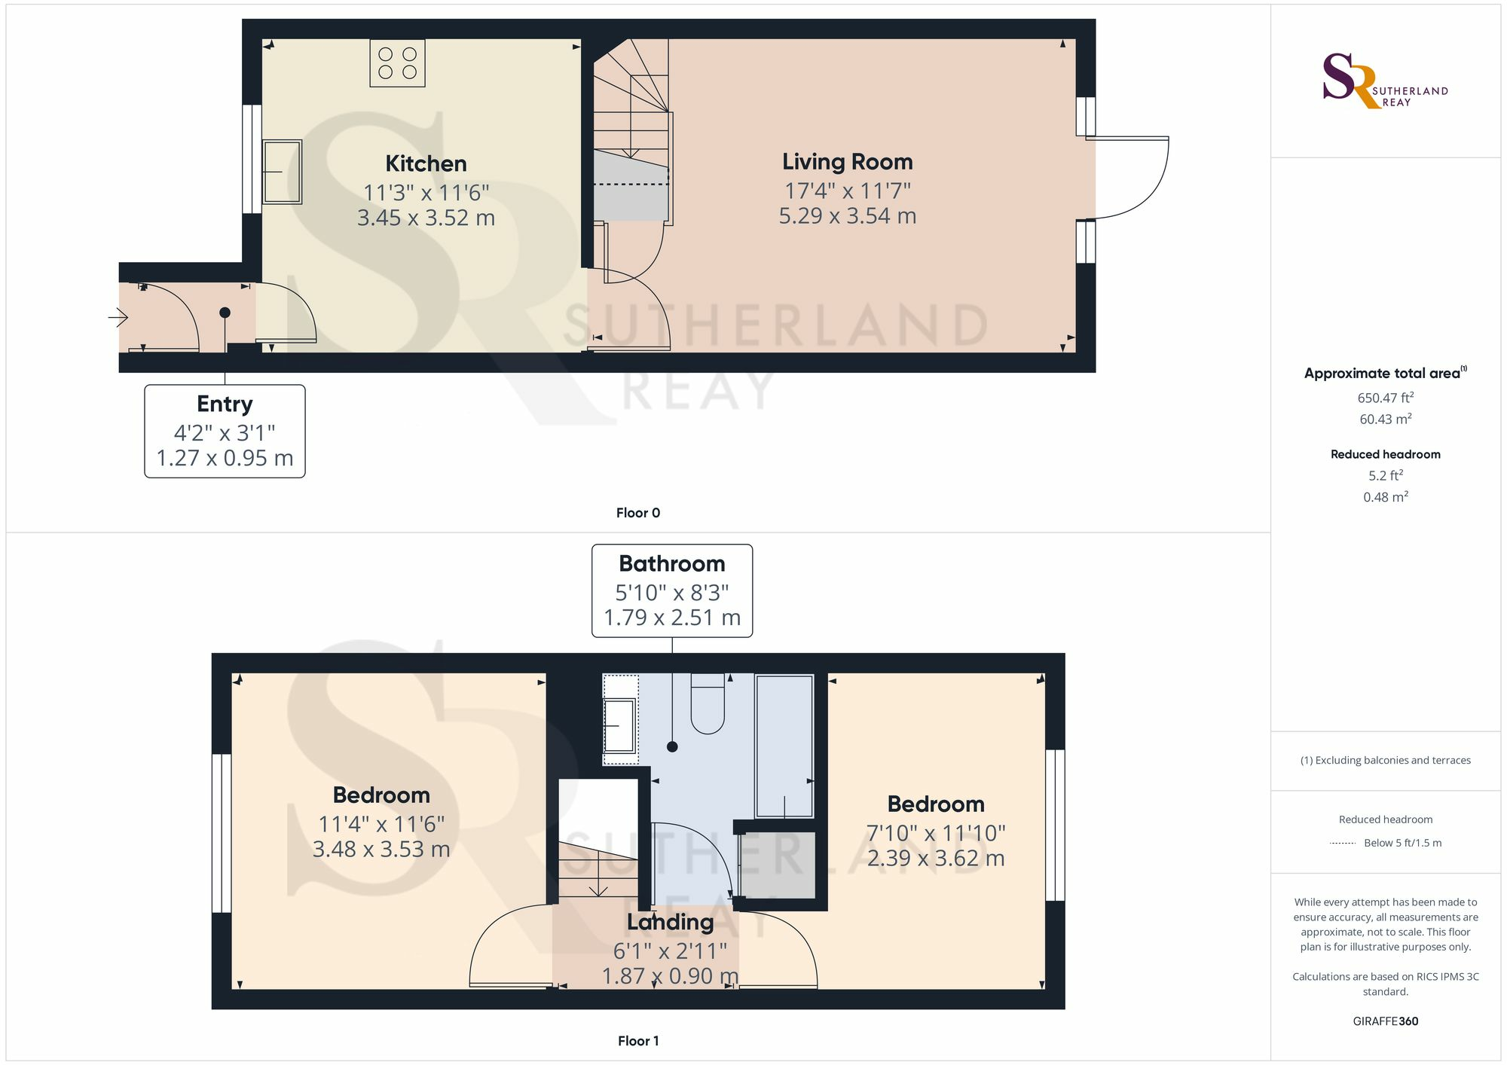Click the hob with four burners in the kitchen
397,63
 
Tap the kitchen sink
282,172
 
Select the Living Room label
847,162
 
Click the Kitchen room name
426,163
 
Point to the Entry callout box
225,431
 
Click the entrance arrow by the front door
118,318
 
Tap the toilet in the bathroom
707,704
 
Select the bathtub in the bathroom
784,746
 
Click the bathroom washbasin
619,725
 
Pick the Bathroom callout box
671,590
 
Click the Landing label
670,922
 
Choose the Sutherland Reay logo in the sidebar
1385,81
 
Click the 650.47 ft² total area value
1385,398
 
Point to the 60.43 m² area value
1385,419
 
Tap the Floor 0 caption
637,513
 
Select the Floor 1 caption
637,1041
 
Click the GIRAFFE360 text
1385,1021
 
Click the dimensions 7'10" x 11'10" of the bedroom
935,833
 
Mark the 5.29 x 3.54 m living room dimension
847,216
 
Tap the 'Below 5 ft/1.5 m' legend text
1402,843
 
